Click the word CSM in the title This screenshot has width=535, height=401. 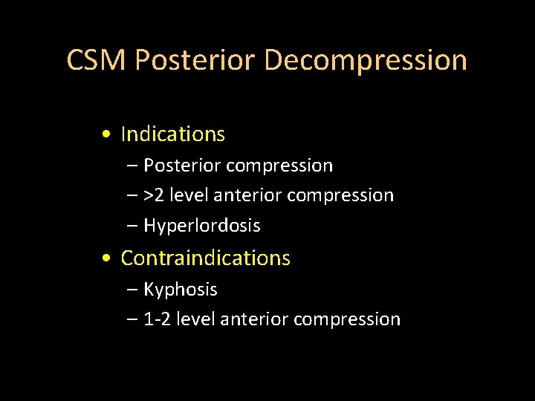(x=97, y=60)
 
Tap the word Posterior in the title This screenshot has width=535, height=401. (x=195, y=60)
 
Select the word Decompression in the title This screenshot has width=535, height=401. (x=366, y=60)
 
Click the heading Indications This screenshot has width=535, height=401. (x=172, y=134)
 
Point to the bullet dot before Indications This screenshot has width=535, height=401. (x=108, y=135)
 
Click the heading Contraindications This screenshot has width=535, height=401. (x=205, y=258)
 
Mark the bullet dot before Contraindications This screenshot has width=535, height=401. (x=108, y=259)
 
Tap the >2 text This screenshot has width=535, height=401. (x=155, y=195)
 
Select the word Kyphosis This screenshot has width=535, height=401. (x=180, y=289)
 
